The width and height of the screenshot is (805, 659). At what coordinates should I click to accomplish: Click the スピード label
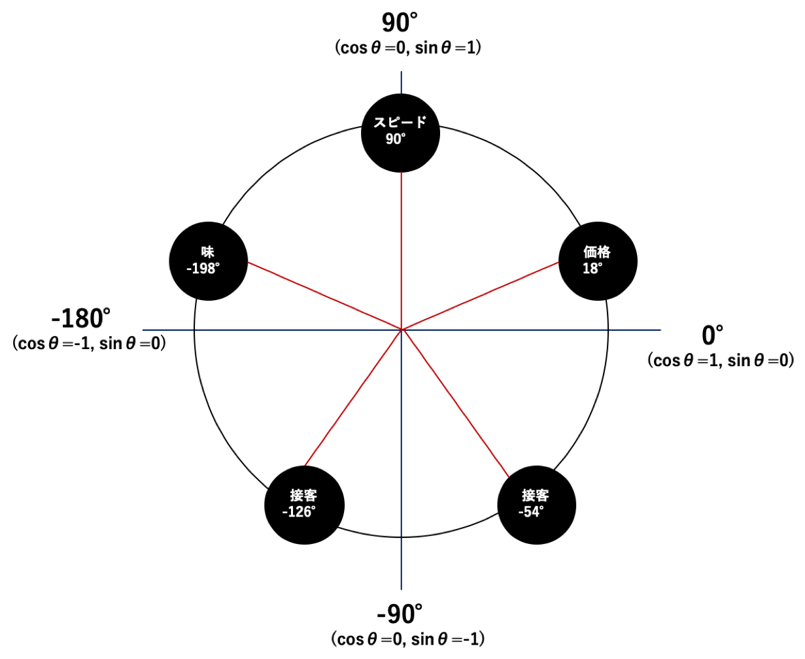coord(400,122)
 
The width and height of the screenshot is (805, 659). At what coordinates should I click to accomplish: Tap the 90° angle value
coord(395,139)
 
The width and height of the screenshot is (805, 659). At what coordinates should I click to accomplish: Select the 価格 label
coord(596,252)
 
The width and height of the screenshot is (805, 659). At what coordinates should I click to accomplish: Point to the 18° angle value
coord(592,269)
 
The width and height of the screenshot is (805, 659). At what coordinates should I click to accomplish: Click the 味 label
coord(207,252)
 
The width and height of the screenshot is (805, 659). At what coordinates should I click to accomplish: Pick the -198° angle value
coord(203,269)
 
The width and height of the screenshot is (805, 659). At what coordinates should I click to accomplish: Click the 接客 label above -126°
coord(303,496)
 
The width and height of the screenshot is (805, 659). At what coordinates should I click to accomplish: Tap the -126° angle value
coord(299,512)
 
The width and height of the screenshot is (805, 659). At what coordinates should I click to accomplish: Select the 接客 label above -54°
coord(535,496)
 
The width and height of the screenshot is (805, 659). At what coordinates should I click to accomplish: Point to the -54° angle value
coord(531,512)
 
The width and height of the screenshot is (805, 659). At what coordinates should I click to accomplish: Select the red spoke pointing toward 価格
coord(480,296)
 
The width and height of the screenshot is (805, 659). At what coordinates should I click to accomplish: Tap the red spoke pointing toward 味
coord(324,296)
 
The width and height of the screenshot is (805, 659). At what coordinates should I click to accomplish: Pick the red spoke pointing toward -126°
coord(353,397)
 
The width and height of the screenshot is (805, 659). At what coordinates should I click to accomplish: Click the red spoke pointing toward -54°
coord(455,403)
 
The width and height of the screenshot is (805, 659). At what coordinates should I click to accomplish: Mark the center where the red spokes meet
coord(401,329)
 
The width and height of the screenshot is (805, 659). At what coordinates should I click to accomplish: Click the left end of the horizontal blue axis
coord(143,329)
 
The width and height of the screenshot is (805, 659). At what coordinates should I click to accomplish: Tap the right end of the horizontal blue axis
coord(660,329)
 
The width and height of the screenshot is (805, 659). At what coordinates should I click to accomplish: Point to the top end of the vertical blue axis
coord(401,72)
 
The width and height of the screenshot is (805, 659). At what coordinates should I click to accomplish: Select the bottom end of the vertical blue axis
coord(401,589)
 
